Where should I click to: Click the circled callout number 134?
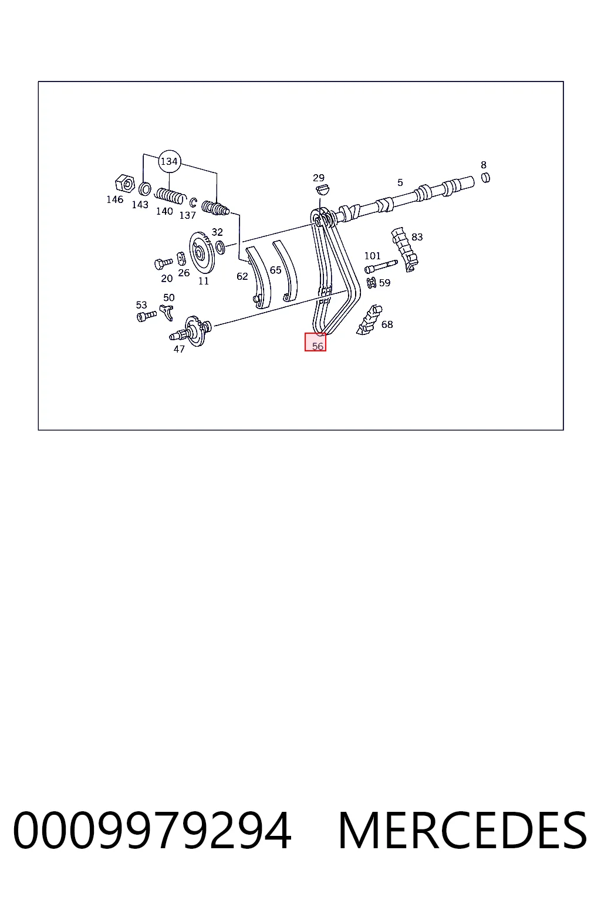(169, 161)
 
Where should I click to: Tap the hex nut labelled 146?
(125, 184)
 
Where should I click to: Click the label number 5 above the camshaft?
(400, 182)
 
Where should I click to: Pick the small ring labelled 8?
(486, 177)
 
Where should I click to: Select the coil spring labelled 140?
(171, 197)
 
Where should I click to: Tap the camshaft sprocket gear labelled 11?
(202, 253)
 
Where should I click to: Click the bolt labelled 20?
(163, 263)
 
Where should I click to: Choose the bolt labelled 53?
(146, 316)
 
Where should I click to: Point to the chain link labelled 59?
(372, 283)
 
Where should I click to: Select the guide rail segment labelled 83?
(404, 249)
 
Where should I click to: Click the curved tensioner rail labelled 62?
(258, 277)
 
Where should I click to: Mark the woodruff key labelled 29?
(322, 189)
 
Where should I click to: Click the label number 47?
(179, 349)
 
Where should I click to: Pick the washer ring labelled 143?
(145, 189)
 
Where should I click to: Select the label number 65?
(275, 270)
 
